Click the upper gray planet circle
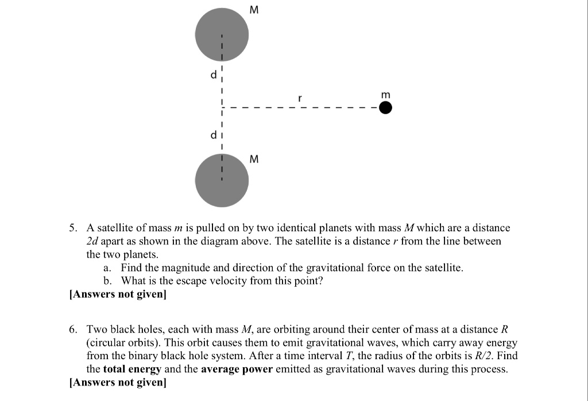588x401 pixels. [x=222, y=34]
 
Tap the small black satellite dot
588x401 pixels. [x=386, y=108]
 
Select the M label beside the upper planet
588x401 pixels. [x=255, y=9]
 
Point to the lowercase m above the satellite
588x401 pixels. [x=385, y=94]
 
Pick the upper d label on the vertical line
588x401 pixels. [x=214, y=75]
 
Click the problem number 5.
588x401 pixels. [x=72, y=228]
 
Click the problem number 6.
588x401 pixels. [x=72, y=329]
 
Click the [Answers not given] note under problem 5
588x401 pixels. [x=117, y=294]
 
